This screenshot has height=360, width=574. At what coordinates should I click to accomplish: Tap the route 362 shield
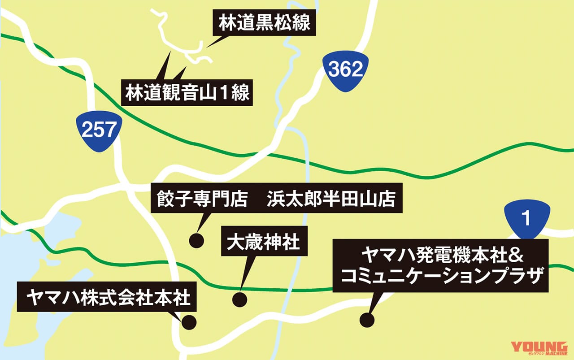tap(345, 70)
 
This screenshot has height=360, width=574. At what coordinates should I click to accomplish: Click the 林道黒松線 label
tap(265, 23)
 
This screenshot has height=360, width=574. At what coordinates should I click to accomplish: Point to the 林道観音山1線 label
tap(187, 94)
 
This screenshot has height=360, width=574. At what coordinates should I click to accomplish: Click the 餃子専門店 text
tap(202, 200)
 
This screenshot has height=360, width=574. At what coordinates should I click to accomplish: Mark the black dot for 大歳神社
tap(240, 299)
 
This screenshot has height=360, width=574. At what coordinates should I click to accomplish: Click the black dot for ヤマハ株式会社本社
tap(189, 322)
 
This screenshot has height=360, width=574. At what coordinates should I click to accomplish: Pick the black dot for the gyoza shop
tap(196, 240)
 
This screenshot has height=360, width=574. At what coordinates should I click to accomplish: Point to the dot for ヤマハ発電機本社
tap(367, 320)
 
